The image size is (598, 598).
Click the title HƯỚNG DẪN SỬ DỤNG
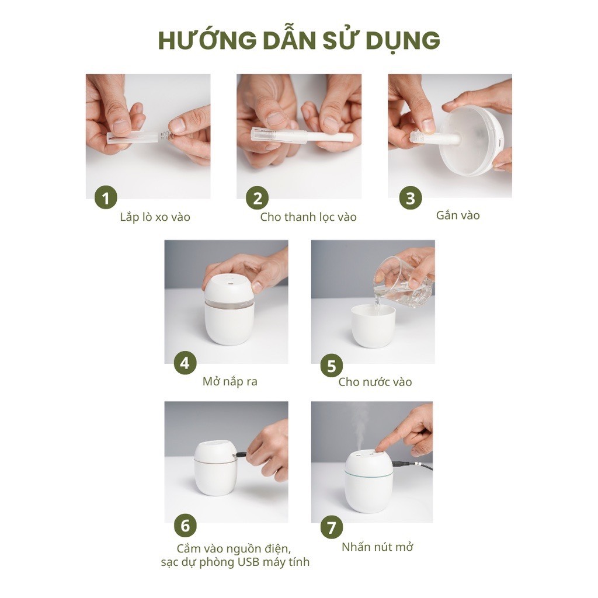[x=299, y=40]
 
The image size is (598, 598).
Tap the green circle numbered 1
[x=106, y=199]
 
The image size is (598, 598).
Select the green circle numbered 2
[x=258, y=199]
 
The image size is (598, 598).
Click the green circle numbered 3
[x=411, y=197]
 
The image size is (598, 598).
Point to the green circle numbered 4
[x=185, y=363]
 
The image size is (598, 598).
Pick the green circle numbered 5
[x=332, y=366]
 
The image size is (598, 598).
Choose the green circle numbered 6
[x=185, y=526]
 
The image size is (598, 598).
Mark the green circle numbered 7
[x=332, y=528]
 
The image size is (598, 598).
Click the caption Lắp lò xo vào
[x=155, y=217]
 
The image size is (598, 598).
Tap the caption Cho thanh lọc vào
[x=308, y=217]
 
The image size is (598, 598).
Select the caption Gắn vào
[x=458, y=215]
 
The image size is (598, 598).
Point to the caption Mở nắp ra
[x=230, y=382]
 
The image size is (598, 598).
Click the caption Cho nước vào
[x=375, y=383]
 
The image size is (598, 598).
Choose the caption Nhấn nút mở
[x=377, y=547]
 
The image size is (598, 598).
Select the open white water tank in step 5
[x=373, y=326]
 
